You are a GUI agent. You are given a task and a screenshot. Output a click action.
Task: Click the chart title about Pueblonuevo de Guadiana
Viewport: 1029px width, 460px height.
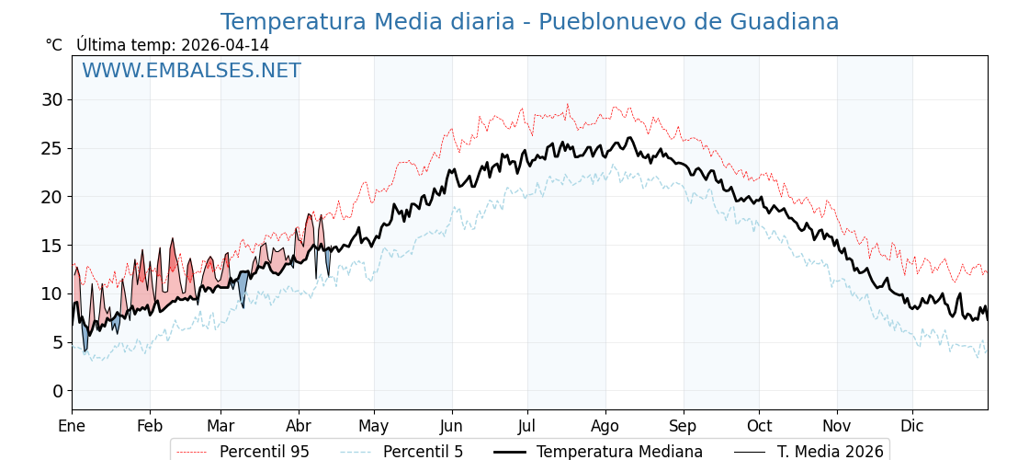tap(529, 22)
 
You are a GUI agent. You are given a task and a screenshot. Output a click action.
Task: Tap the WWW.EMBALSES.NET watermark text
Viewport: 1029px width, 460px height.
tap(191, 71)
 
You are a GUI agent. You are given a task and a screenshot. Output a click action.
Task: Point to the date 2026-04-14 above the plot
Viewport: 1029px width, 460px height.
tap(225, 45)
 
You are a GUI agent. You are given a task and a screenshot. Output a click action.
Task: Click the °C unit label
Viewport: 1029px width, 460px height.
tap(54, 45)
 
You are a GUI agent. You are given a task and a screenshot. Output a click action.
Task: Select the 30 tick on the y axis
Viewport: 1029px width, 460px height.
tap(51, 99)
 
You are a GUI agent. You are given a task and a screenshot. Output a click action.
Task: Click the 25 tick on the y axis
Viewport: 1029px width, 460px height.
tap(51, 148)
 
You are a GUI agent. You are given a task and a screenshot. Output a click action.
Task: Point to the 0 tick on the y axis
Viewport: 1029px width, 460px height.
tap(57, 391)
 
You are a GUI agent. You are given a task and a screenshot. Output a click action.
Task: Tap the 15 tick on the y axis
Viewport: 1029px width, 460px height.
tap(51, 246)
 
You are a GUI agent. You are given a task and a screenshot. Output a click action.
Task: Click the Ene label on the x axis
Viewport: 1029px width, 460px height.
tap(72, 426)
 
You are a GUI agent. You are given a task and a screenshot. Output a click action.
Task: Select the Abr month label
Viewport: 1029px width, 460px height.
tap(299, 426)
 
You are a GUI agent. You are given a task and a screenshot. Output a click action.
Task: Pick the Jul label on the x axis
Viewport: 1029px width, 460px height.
tap(527, 426)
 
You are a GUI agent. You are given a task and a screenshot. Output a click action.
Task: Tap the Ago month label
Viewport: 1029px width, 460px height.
tap(605, 426)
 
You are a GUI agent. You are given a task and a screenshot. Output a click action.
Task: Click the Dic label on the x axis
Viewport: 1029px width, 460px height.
tap(912, 426)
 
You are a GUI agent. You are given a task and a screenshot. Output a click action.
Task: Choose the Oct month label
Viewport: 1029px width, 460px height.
tap(759, 426)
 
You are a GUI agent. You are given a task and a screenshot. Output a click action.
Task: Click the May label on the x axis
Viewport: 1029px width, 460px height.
tap(374, 426)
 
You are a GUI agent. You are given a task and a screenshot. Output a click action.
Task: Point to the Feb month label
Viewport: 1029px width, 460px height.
tap(150, 426)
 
